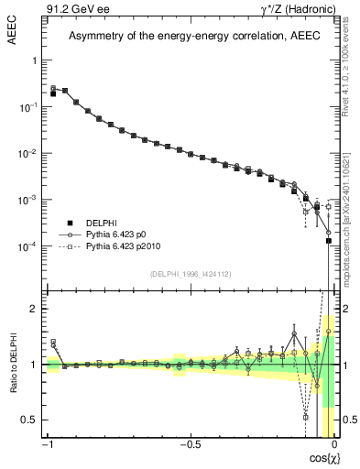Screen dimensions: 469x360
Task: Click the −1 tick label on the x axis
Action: [x=47, y=445]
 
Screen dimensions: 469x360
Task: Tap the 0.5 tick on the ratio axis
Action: [x=31, y=420]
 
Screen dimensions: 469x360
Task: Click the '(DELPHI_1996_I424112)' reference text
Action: [x=190, y=273]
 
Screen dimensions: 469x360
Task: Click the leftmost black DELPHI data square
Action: [x=53, y=93]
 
